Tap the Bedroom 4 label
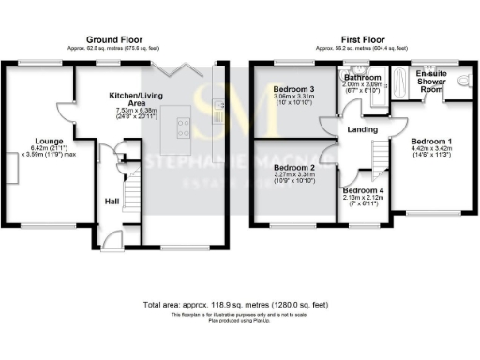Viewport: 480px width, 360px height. click(x=362, y=190)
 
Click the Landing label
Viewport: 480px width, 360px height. click(x=361, y=130)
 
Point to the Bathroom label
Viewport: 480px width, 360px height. click(x=362, y=77)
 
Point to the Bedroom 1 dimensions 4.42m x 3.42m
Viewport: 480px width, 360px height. click(x=431, y=148)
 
